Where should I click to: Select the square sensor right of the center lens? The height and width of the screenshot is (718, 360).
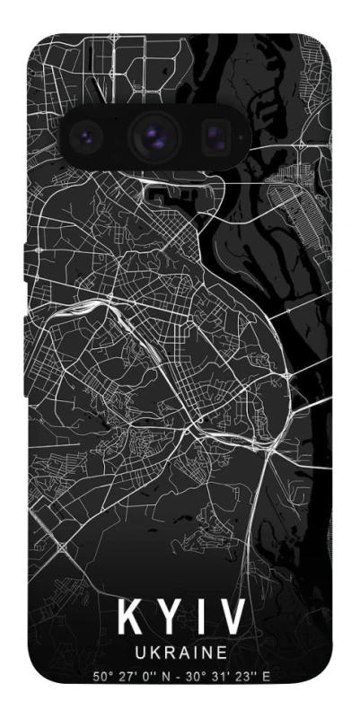(214, 136)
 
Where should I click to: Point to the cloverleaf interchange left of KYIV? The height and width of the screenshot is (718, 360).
(62, 546)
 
